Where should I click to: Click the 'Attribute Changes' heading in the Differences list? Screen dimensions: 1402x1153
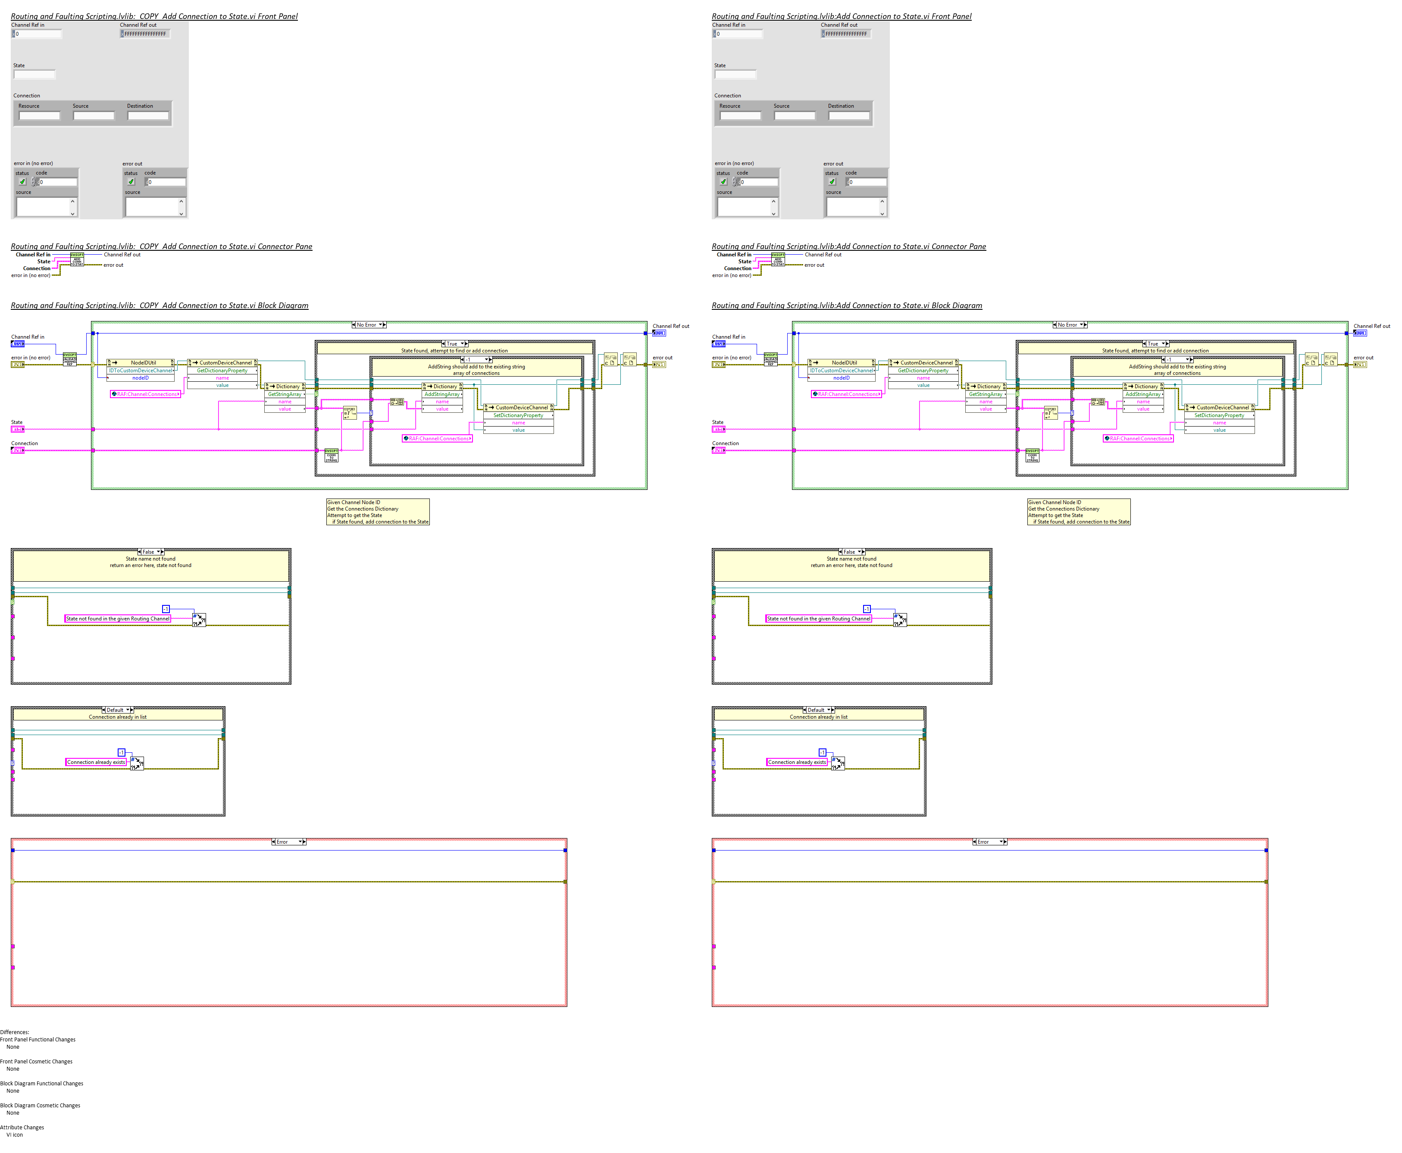point(22,1127)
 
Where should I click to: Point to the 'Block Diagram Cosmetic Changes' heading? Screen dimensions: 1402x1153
point(40,1105)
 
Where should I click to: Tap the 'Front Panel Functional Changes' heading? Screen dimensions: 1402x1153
point(38,1039)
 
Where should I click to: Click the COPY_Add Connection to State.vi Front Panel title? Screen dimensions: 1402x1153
point(154,16)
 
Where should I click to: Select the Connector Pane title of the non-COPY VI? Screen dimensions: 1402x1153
point(848,246)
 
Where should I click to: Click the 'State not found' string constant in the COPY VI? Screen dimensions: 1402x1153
point(118,618)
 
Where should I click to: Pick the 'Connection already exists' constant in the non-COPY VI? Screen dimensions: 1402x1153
point(797,762)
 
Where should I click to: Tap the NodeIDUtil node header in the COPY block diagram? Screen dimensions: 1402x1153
point(143,363)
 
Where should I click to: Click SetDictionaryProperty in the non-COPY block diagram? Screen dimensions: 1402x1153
point(1219,415)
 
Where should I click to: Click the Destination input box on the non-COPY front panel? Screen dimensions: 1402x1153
point(848,115)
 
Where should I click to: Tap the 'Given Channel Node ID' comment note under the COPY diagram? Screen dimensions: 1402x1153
point(377,511)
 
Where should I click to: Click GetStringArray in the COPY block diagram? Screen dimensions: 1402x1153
point(285,394)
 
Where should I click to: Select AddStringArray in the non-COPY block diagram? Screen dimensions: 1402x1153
point(1143,394)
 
